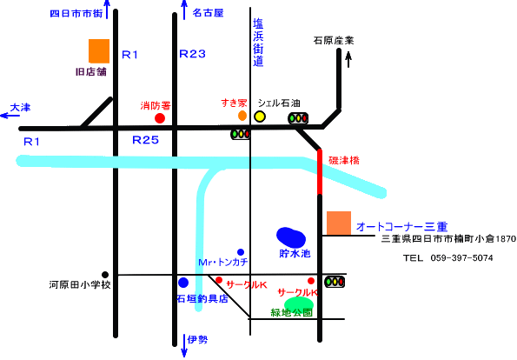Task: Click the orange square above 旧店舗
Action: [x=99, y=51]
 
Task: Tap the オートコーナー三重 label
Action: [x=402, y=227]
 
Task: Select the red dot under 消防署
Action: [x=160, y=118]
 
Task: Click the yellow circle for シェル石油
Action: [x=260, y=117]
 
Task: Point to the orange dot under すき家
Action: [x=242, y=116]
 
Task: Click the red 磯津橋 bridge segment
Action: [x=320, y=172]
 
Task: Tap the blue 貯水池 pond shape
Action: [x=291, y=237]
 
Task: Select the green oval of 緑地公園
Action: [x=299, y=303]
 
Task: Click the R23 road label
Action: [x=192, y=54]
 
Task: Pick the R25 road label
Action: [x=145, y=140]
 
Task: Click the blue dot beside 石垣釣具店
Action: [x=183, y=283]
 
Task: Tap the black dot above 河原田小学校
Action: [x=105, y=275]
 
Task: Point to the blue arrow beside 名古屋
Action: [x=184, y=10]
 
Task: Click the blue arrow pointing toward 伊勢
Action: [x=184, y=345]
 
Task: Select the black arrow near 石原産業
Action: [x=348, y=59]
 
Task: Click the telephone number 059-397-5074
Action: [x=461, y=257]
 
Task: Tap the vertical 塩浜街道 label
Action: [x=258, y=43]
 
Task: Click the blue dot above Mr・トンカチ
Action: [x=241, y=252]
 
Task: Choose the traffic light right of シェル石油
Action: [x=298, y=118]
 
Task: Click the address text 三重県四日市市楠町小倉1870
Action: [x=448, y=238]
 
